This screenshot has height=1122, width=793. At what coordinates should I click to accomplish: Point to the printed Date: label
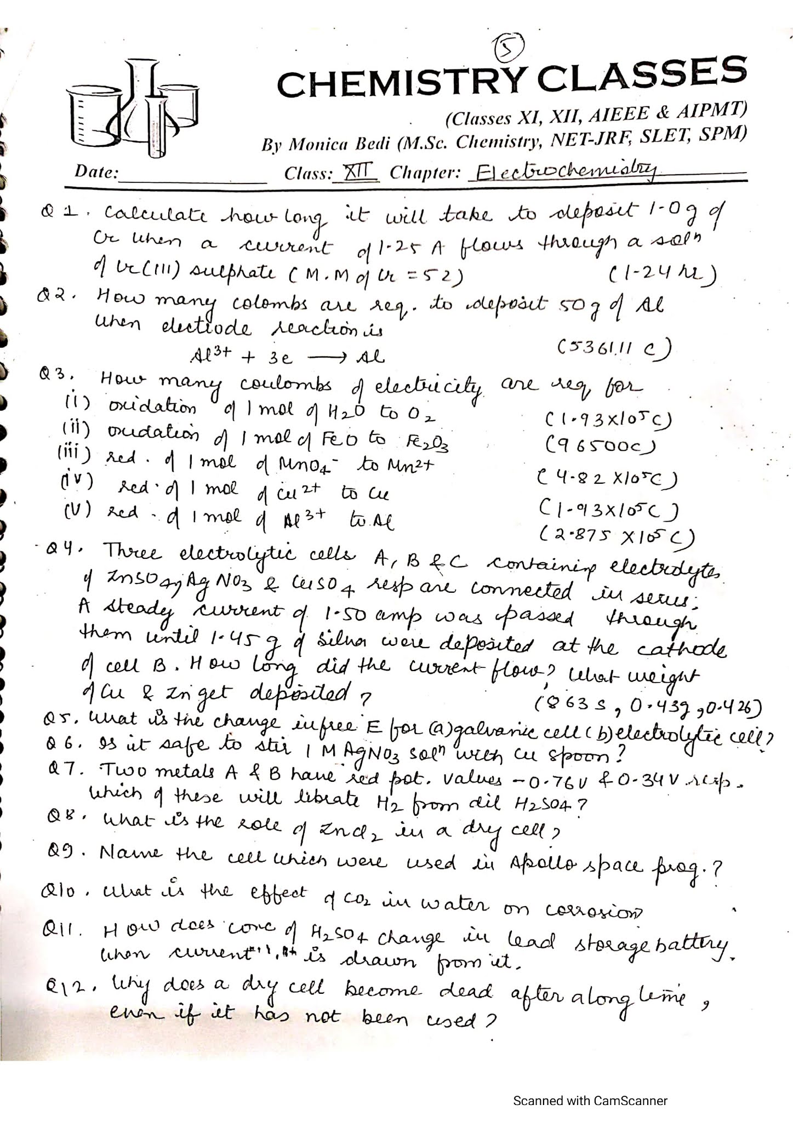pos(96,173)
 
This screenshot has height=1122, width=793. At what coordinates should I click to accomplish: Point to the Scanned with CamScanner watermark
pos(590,1085)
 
